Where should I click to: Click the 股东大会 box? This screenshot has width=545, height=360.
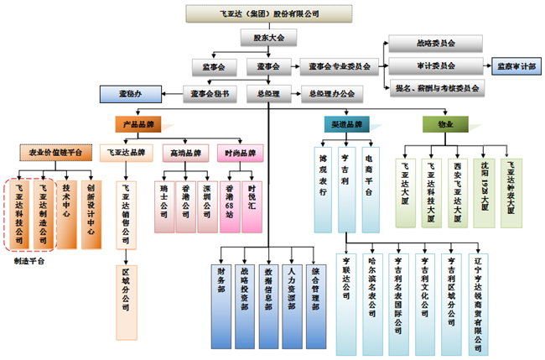(268, 38)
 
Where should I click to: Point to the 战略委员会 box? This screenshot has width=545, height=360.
(435, 44)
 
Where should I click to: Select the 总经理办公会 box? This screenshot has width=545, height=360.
(332, 92)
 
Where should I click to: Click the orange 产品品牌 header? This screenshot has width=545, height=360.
(137, 123)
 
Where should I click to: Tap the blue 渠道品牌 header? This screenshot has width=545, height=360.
(342, 124)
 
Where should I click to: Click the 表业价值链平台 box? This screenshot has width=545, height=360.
(50, 153)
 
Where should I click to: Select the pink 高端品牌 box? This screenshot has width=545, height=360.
(185, 154)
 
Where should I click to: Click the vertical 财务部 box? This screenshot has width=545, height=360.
(220, 288)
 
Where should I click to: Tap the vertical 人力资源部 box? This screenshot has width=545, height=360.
(291, 288)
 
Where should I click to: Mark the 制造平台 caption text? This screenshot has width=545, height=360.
(30, 260)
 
